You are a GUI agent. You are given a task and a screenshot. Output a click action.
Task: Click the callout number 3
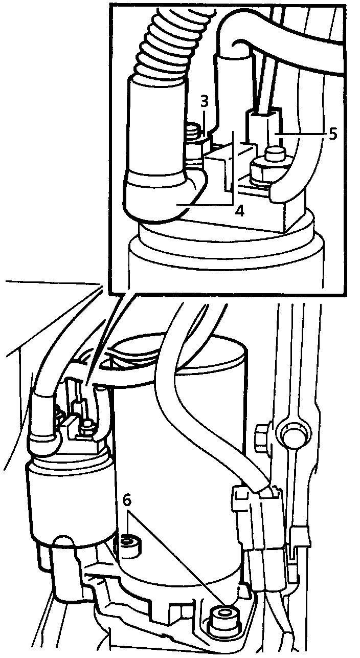tap(204, 101)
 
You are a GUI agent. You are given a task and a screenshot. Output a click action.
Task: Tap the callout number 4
tap(239, 210)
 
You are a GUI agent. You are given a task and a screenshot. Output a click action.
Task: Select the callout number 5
tap(333, 134)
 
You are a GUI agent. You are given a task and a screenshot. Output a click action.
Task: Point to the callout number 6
tap(127, 500)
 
